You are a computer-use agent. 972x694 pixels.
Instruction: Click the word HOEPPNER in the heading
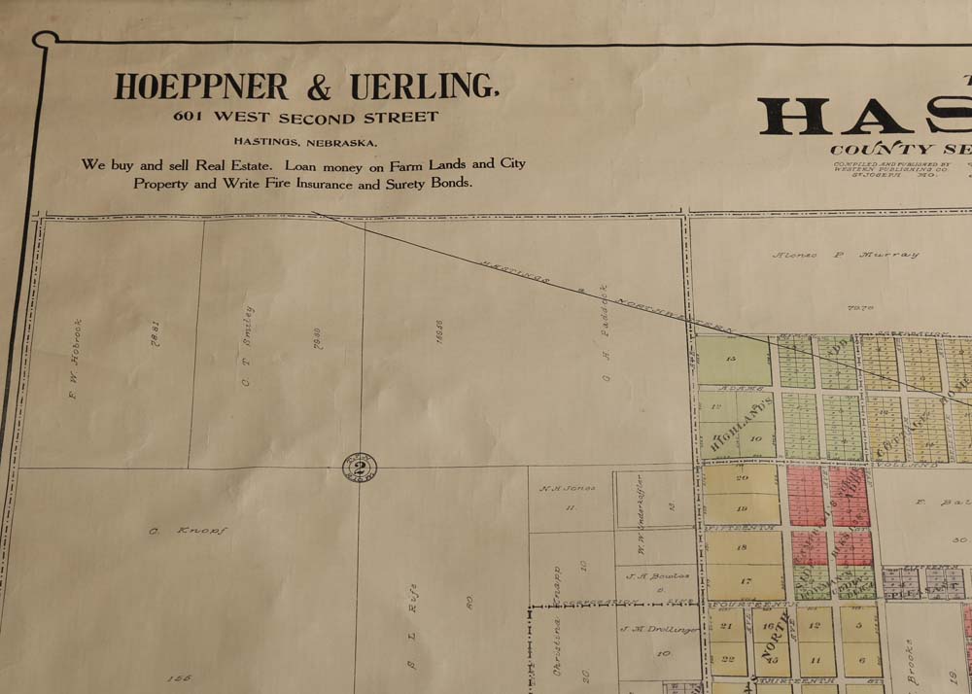[x=201, y=87]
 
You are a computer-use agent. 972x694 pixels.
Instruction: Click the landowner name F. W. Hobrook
[x=77, y=361]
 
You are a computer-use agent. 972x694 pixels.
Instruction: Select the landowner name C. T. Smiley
[x=248, y=346]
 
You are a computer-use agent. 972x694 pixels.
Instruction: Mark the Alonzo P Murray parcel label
[x=846, y=256]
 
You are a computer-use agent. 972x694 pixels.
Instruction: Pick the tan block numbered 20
[x=742, y=478]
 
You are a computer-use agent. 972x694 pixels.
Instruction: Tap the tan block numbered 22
[x=729, y=658]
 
